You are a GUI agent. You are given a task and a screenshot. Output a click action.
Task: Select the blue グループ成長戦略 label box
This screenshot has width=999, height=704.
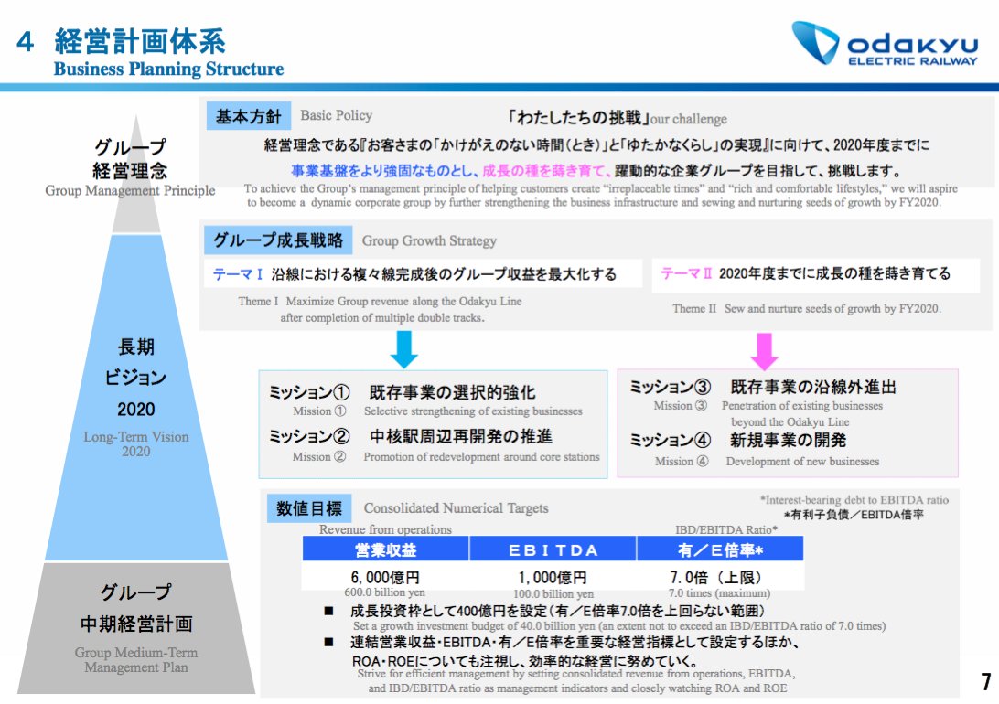[x=278, y=240]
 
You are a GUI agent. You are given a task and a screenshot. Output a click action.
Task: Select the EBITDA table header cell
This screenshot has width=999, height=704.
[x=553, y=549]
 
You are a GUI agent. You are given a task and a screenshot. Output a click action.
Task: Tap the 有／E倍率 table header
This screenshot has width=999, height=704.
[x=720, y=549]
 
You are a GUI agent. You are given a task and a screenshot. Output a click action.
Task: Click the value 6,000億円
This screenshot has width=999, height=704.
[x=384, y=578]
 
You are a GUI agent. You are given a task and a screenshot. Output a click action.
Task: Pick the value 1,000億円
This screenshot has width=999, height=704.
[x=553, y=578]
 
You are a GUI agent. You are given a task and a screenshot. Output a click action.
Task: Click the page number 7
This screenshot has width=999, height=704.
[x=985, y=681]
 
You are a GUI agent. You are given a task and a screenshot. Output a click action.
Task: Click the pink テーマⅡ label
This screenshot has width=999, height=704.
[x=686, y=273]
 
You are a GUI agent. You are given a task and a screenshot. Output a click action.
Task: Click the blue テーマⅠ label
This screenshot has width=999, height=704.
[x=239, y=274]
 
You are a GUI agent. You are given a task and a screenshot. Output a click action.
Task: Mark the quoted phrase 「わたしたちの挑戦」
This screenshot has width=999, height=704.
[x=577, y=118]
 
